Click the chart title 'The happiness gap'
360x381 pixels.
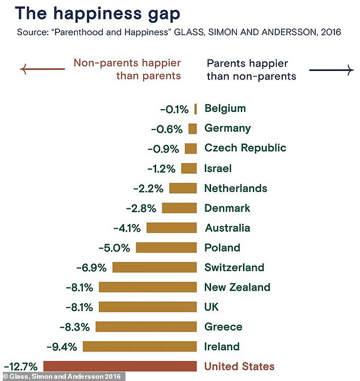98,14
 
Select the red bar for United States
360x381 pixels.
120,366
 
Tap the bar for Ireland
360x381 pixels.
140,346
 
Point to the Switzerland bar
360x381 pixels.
154,267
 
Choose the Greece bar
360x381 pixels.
146,326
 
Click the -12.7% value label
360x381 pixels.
20,367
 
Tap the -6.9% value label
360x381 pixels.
91,267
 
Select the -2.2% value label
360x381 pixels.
148,188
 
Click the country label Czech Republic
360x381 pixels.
245,148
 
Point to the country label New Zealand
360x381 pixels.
237,287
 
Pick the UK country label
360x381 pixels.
212,307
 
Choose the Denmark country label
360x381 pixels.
227,208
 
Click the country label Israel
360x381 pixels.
218,168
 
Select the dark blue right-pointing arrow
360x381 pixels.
331,70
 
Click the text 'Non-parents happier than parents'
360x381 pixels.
127,69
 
